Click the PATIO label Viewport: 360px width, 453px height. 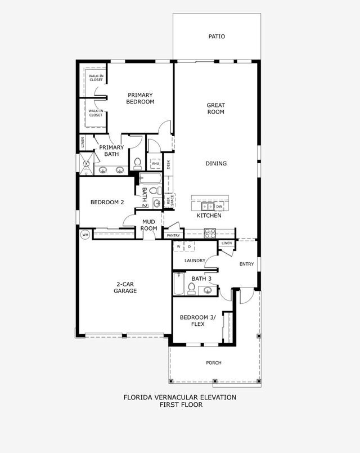coord(217,37)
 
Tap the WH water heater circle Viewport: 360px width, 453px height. coord(85,235)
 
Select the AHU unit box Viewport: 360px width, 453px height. coord(156,164)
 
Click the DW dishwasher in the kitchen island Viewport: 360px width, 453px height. coord(219,207)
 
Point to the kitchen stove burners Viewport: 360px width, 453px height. coord(210,233)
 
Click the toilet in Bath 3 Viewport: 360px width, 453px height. coord(191,289)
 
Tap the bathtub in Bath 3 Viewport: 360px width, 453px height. coord(179,284)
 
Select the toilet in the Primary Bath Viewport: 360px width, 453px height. coord(137,164)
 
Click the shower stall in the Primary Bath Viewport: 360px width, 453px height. coord(86,164)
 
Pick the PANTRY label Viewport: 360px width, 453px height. coord(173,235)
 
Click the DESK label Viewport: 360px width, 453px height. coord(169,164)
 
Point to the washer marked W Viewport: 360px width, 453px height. coord(179,246)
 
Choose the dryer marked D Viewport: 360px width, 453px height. coord(190,246)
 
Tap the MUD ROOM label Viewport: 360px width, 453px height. coord(148,225)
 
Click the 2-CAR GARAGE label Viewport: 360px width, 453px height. coord(125,288)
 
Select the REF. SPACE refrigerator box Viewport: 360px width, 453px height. coord(169,200)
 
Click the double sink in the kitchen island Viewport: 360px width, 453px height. coord(208,207)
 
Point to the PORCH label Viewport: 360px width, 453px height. coord(214,362)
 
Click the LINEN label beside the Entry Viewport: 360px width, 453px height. coord(227,243)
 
